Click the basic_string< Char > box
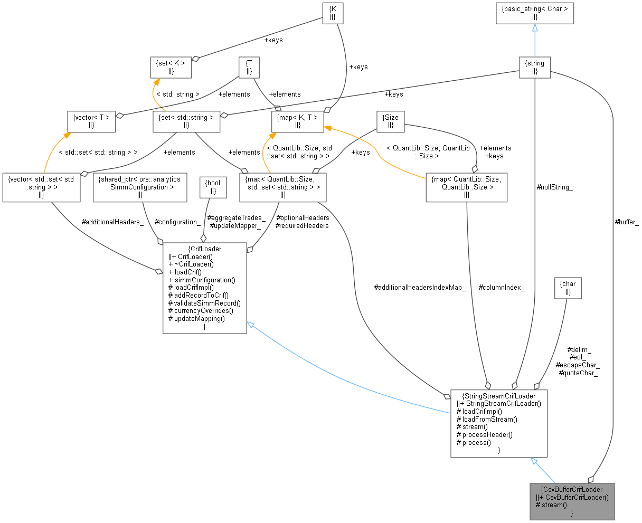[x=534, y=13]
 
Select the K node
[x=332, y=13]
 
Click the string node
[x=534, y=68]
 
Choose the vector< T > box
[x=91, y=121]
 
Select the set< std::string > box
[x=186, y=121]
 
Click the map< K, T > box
[x=297, y=121]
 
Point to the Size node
[x=390, y=121]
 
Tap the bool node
[x=213, y=187]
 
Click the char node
[x=568, y=288]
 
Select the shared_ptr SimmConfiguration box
[x=140, y=187]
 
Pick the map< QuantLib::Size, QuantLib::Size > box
[x=467, y=187]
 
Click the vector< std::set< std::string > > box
[x=41, y=187]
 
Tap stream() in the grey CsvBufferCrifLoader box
[x=551, y=505]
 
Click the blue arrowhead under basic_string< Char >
[x=534, y=28]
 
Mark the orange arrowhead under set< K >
[x=157, y=82]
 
